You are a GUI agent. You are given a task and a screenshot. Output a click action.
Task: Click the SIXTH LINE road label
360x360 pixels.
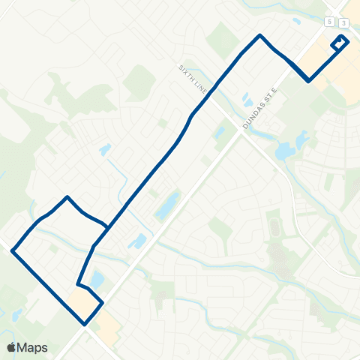(192, 78)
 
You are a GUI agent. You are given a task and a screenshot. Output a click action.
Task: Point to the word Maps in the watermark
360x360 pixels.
(33, 347)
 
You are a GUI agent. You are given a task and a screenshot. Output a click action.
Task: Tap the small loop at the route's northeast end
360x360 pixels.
(340, 43)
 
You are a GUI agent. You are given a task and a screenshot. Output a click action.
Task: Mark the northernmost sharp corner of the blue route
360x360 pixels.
(260, 35)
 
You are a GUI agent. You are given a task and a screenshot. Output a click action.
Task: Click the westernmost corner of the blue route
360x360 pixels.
(13, 251)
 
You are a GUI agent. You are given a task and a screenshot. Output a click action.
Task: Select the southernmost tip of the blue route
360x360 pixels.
(85, 324)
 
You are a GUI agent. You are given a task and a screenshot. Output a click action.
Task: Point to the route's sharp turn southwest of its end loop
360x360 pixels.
(309, 81)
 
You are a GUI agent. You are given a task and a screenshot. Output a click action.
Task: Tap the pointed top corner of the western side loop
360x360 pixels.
(68, 197)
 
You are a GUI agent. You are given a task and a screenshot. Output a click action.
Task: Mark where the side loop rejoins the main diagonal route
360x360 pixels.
(109, 227)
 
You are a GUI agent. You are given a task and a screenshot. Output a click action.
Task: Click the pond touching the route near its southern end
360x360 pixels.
(96, 280)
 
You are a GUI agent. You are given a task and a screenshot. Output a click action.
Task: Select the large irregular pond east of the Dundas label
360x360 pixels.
(292, 147)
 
